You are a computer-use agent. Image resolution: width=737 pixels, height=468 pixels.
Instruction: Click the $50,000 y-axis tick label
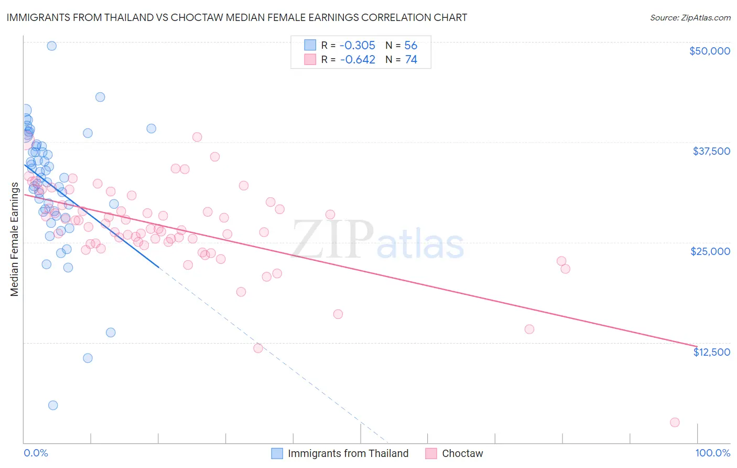[x=709, y=51]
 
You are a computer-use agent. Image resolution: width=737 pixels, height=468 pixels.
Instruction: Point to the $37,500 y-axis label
[x=711, y=151]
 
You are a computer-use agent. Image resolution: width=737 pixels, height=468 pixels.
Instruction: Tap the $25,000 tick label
[x=710, y=251]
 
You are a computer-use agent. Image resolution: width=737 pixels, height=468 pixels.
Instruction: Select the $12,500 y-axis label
[x=711, y=352]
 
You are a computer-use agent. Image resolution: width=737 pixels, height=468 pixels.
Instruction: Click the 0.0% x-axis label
[x=36, y=453]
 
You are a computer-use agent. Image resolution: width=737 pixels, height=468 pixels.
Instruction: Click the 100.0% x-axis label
[x=712, y=453]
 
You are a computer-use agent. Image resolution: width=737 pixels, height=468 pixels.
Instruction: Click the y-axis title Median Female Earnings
[x=15, y=239]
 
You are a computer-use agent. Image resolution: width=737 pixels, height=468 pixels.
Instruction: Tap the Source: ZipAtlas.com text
[x=690, y=17]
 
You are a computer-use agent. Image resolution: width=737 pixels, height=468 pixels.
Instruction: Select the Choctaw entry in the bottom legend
[x=462, y=453]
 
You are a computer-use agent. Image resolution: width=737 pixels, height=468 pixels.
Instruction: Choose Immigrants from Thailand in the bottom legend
[x=348, y=453]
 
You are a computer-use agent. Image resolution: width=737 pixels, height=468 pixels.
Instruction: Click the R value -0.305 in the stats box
[x=357, y=46]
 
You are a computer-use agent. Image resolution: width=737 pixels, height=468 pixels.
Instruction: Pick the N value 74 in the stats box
[x=411, y=60]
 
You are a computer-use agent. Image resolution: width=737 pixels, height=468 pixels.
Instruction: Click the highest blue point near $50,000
[x=51, y=46]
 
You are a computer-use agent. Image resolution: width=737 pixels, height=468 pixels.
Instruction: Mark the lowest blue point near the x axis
[x=52, y=405]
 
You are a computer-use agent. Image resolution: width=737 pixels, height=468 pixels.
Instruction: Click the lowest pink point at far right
[x=675, y=422]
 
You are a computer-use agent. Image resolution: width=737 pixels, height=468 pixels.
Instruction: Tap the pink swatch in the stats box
[x=310, y=60]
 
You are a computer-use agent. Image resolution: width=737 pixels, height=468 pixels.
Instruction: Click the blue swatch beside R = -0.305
[x=310, y=46]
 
